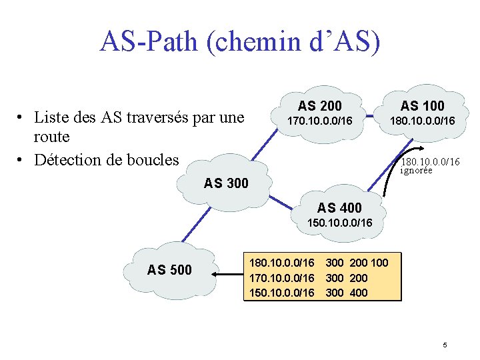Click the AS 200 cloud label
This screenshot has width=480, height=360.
point(319,105)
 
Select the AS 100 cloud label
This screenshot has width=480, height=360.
point(422,105)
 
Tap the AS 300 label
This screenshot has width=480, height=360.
point(226,183)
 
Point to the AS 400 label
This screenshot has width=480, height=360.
point(339,208)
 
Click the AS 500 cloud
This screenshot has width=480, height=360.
point(170,270)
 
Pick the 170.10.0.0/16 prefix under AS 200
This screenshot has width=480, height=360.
point(319,121)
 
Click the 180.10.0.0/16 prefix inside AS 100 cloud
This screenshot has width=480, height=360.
point(422,121)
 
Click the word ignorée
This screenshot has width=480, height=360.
point(417,171)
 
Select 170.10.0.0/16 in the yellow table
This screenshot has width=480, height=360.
point(281,277)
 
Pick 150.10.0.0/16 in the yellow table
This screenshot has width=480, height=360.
point(281,293)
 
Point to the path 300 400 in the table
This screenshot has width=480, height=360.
point(347,293)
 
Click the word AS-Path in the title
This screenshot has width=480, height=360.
point(148,41)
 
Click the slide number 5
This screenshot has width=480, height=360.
point(445,345)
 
